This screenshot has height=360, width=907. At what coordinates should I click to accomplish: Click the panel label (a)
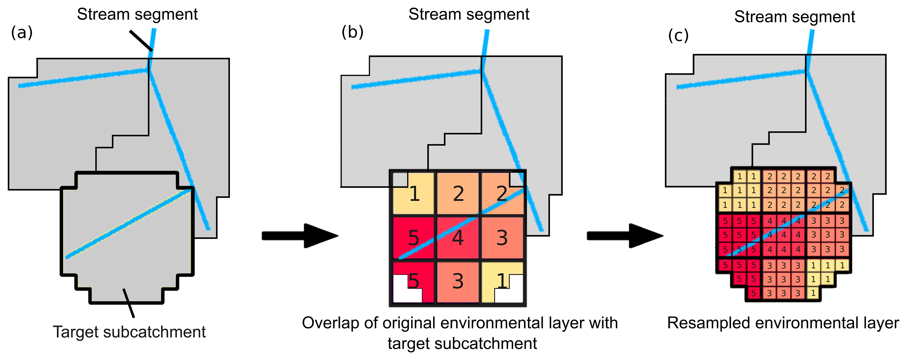tap(22, 33)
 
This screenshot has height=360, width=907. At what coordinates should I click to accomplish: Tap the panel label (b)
tap(352, 32)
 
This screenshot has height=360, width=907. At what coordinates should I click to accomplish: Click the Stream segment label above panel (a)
tap(137, 14)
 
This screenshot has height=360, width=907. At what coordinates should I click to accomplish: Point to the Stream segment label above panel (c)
tap(794, 17)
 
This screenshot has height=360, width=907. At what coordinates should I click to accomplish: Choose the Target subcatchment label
tap(129, 332)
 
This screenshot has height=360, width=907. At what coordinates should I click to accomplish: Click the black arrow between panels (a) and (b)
tap(299, 236)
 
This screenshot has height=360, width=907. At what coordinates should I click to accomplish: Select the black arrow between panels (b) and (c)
tap(624, 236)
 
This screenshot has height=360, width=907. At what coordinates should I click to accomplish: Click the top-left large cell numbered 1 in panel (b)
tap(414, 193)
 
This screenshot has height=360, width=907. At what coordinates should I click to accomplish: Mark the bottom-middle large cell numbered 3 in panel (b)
tap(458, 281)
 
